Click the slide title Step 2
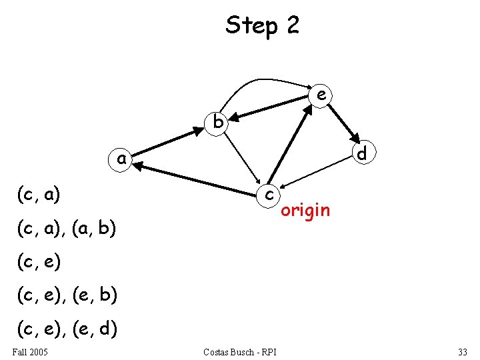(263, 25)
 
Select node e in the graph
(321, 95)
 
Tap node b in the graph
(217, 121)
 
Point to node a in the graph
(121, 159)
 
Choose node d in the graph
(362, 153)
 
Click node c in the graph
(269, 193)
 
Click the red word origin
(305, 211)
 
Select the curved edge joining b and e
(260, 81)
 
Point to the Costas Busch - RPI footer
(240, 351)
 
